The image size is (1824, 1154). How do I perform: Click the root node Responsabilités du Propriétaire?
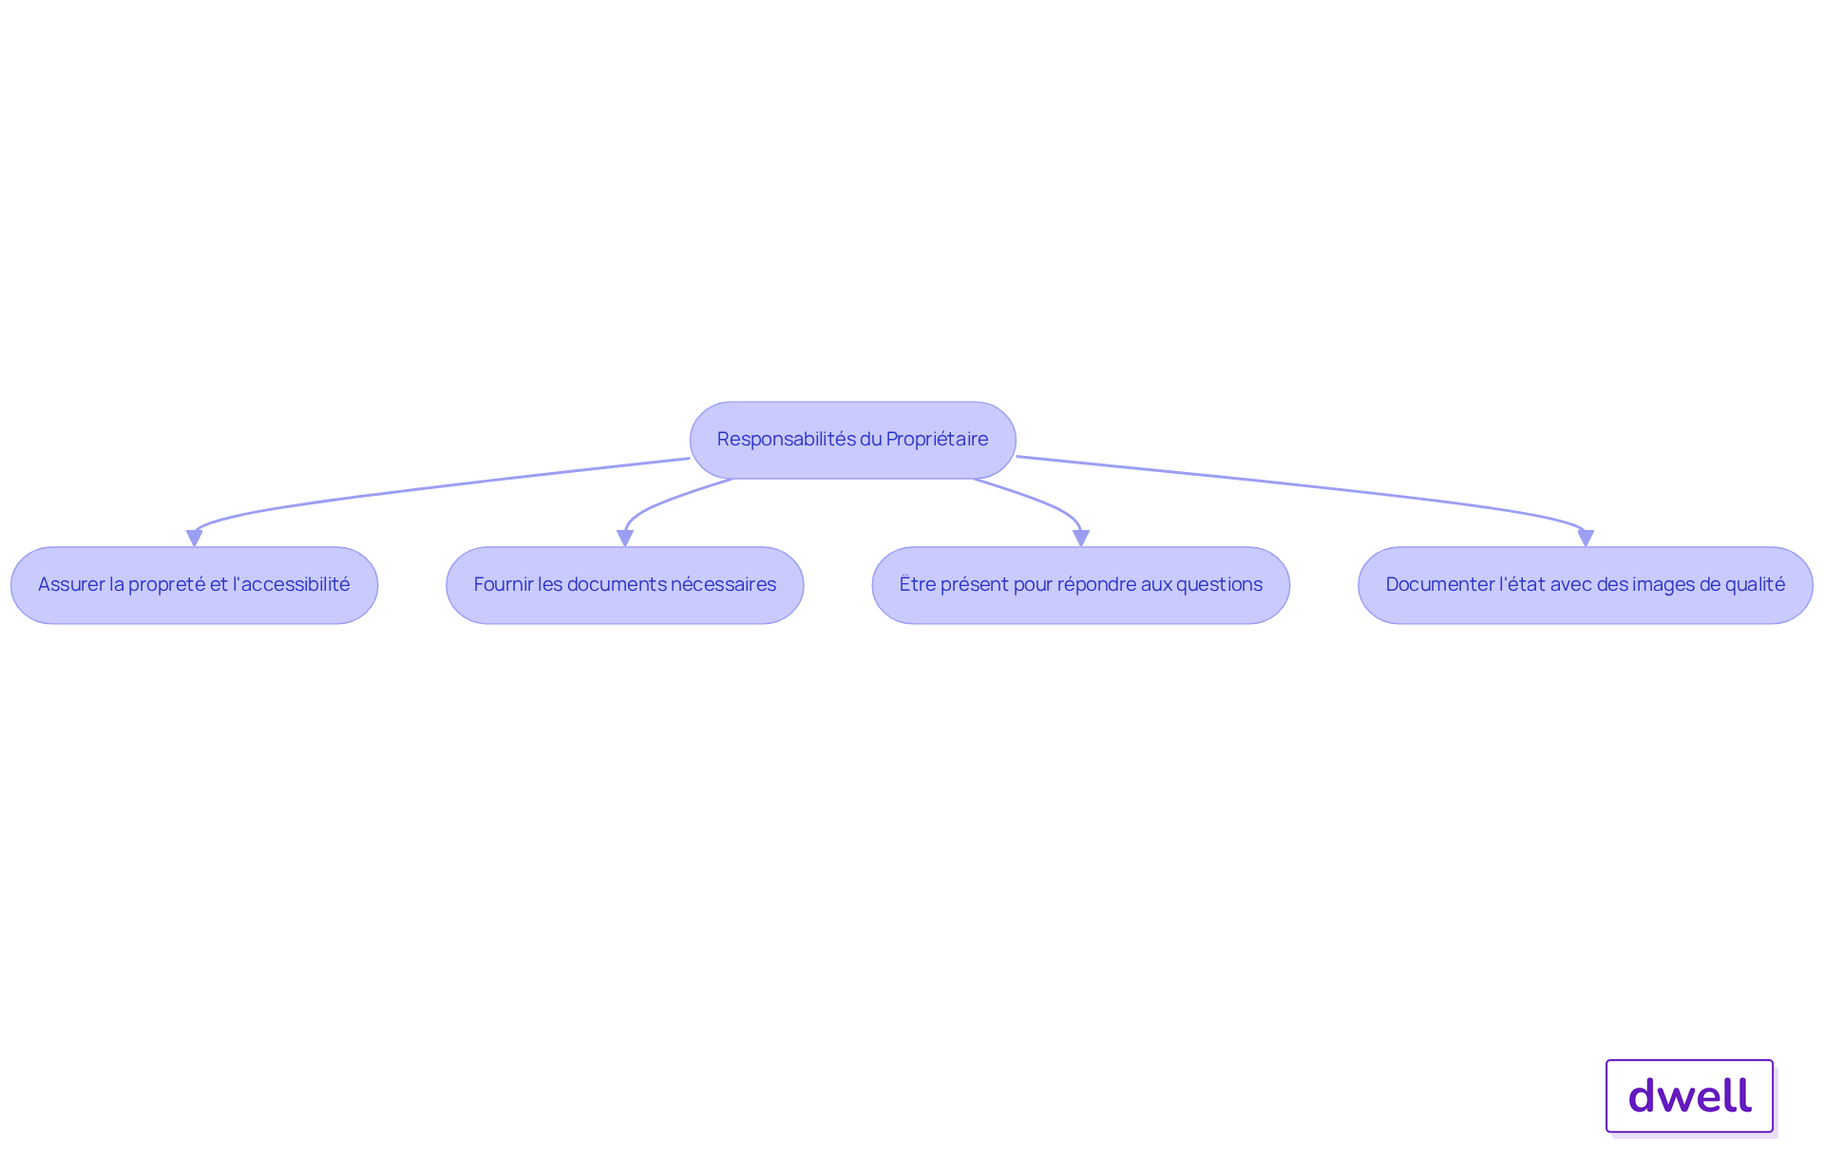click(x=853, y=440)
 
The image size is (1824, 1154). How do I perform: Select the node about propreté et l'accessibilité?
click(x=195, y=585)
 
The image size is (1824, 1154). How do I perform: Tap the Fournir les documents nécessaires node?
click(x=625, y=585)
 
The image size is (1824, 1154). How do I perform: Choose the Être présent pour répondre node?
click(x=1081, y=585)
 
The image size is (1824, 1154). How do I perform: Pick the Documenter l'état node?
click(x=1586, y=585)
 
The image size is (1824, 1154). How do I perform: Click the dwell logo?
click(x=1690, y=1096)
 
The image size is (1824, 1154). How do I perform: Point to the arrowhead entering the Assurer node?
click(x=195, y=539)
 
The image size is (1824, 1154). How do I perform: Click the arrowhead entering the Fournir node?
click(x=625, y=539)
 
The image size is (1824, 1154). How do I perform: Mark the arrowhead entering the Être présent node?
click(x=1081, y=539)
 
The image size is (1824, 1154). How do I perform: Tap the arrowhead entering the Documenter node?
click(x=1586, y=539)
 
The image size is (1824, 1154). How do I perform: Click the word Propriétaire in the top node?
click(x=937, y=440)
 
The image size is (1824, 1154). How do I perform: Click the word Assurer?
click(x=69, y=585)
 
